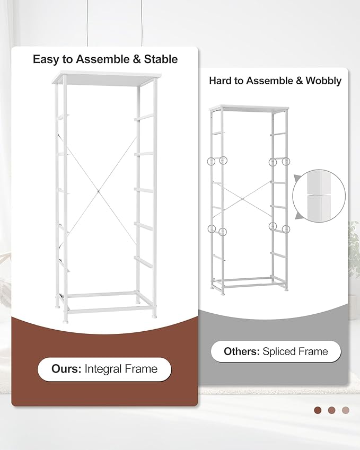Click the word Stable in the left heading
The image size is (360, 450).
(161, 59)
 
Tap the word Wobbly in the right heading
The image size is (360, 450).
(323, 81)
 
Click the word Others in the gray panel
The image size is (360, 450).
(242, 351)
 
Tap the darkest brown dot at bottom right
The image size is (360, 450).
(318, 410)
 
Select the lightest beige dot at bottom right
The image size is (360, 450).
(346, 410)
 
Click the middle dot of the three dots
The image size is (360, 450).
(331, 410)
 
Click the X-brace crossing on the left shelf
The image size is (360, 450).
(98, 191)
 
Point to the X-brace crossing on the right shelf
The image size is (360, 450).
(243, 198)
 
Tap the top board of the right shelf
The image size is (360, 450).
(249, 108)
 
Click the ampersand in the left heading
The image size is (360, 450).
(137, 59)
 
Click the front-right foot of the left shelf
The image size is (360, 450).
(154, 316)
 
